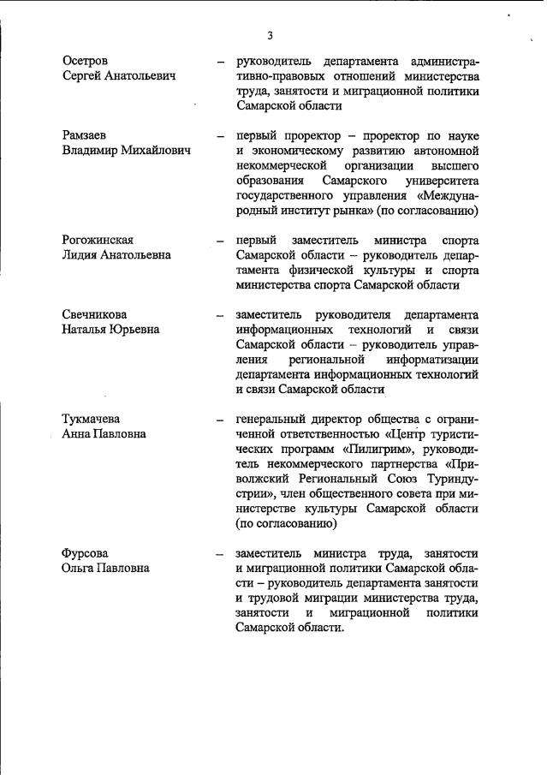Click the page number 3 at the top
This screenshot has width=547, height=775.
[270, 35]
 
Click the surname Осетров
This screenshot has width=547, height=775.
[87, 62]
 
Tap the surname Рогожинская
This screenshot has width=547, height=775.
[98, 240]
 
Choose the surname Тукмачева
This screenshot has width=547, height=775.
[92, 419]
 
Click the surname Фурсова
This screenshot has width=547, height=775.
[86, 552]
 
